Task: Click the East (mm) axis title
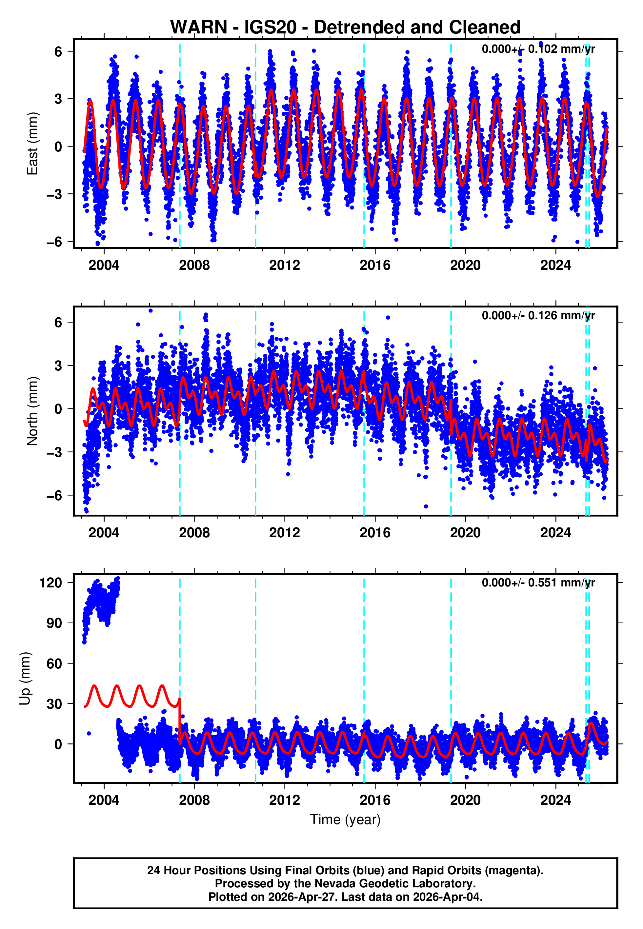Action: click(x=32, y=144)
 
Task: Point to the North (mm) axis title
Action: click(x=32, y=411)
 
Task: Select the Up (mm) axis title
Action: click(x=25, y=679)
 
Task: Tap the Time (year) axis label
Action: click(x=345, y=820)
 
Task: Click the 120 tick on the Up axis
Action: click(x=51, y=583)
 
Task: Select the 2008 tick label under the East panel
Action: click(x=194, y=266)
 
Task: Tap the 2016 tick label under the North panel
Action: click(x=375, y=533)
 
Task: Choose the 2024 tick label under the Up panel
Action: click(x=555, y=800)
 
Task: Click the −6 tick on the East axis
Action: click(x=54, y=242)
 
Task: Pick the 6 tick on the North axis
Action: click(x=58, y=322)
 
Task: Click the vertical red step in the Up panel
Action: click(x=180, y=721)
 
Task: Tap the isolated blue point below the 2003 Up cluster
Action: click(x=89, y=733)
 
